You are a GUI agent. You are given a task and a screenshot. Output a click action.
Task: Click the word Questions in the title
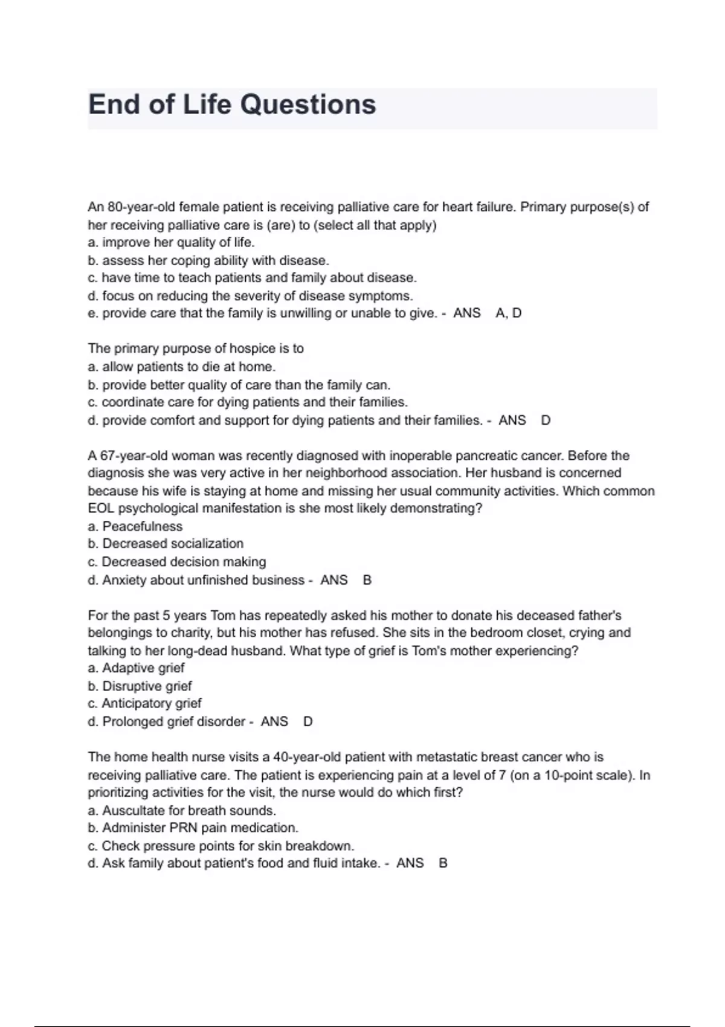[308, 105]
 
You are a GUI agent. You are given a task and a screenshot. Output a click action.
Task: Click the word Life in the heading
[207, 105]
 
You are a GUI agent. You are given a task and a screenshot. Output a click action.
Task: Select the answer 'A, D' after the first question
[508, 313]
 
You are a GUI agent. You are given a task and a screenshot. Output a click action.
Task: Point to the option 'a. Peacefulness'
[135, 526]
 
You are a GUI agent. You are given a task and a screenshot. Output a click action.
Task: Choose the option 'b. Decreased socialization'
[166, 544]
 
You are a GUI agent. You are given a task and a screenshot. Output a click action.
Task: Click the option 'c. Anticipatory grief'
[144, 703]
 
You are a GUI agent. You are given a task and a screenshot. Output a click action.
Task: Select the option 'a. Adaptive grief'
[136, 668]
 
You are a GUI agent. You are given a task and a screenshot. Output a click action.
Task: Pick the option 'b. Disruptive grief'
[140, 686]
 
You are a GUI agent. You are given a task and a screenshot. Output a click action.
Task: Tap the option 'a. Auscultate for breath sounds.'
[182, 811]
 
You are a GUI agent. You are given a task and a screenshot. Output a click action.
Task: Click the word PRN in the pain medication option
[184, 828]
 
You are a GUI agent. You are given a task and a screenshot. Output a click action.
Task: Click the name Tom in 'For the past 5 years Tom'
[223, 616]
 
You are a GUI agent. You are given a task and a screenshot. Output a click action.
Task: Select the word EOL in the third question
[100, 509]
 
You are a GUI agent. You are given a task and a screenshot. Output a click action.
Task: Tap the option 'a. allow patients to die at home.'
[181, 367]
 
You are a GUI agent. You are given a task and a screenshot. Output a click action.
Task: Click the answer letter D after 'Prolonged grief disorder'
[308, 721]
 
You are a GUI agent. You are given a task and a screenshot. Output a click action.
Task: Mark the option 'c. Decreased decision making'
[176, 562]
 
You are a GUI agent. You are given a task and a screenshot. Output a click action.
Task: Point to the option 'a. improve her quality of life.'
[171, 242]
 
